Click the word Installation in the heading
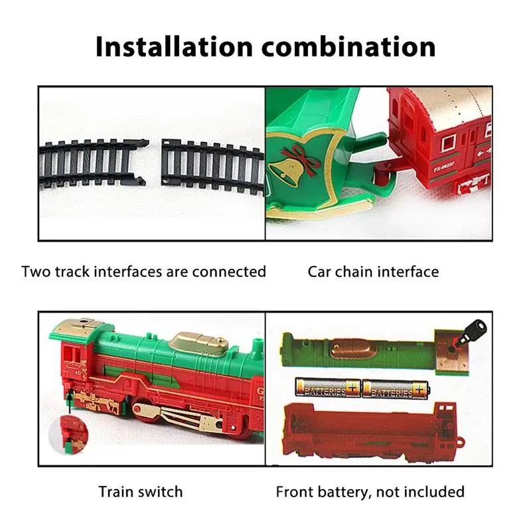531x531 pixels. tap(175, 46)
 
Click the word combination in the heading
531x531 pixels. tap(348, 46)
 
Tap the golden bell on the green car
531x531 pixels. tap(285, 173)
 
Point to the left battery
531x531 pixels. tap(328, 388)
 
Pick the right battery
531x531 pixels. tap(395, 388)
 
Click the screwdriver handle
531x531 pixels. tap(477, 328)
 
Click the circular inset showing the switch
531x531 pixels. tap(69, 435)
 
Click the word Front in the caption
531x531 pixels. tap(295, 492)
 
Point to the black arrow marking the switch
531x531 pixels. tap(70, 401)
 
